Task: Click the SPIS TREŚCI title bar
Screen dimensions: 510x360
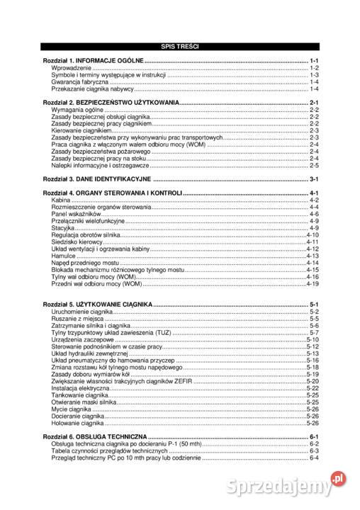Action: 180,47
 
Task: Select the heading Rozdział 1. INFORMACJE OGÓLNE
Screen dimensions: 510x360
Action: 93,62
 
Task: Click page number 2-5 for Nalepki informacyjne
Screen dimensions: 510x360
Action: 313,165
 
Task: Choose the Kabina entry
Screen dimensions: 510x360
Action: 61,200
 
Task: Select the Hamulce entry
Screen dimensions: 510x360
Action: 64,256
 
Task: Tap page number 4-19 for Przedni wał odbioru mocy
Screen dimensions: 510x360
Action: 313,284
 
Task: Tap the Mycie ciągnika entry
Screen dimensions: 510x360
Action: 71,409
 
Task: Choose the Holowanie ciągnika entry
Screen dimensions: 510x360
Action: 77,423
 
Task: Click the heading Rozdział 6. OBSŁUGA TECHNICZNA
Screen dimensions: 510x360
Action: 95,436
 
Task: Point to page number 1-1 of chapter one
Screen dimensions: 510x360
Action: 314,62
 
